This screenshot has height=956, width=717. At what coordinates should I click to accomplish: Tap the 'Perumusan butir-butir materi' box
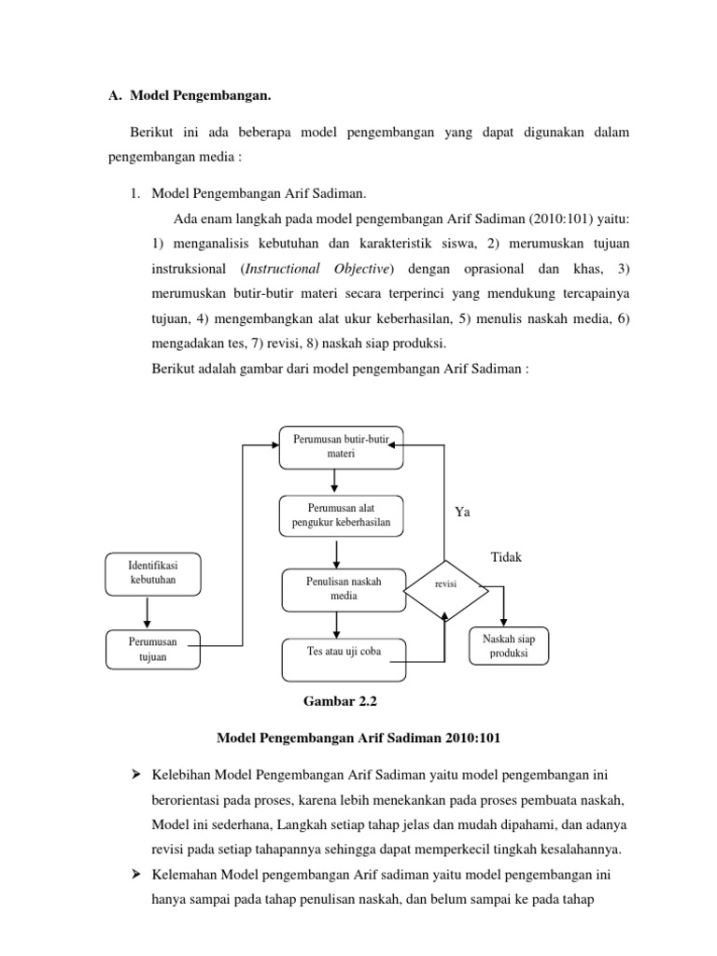pyautogui.click(x=342, y=447)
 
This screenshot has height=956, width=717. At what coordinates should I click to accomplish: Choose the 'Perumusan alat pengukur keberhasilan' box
pyautogui.click(x=342, y=515)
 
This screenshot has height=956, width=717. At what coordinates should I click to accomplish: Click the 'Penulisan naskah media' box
pyautogui.click(x=343, y=589)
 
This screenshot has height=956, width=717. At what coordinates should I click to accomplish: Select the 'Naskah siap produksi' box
pyautogui.click(x=507, y=647)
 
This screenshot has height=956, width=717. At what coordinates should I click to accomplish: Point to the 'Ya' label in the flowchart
pyautogui.click(x=462, y=512)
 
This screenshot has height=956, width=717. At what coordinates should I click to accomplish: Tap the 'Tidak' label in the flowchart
pyautogui.click(x=506, y=557)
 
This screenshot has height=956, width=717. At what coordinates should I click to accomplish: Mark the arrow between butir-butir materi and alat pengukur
pyautogui.click(x=334, y=481)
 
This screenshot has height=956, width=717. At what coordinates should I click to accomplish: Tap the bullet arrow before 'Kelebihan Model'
pyautogui.click(x=135, y=777)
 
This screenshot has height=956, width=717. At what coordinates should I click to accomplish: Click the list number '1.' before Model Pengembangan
pyautogui.click(x=135, y=194)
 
